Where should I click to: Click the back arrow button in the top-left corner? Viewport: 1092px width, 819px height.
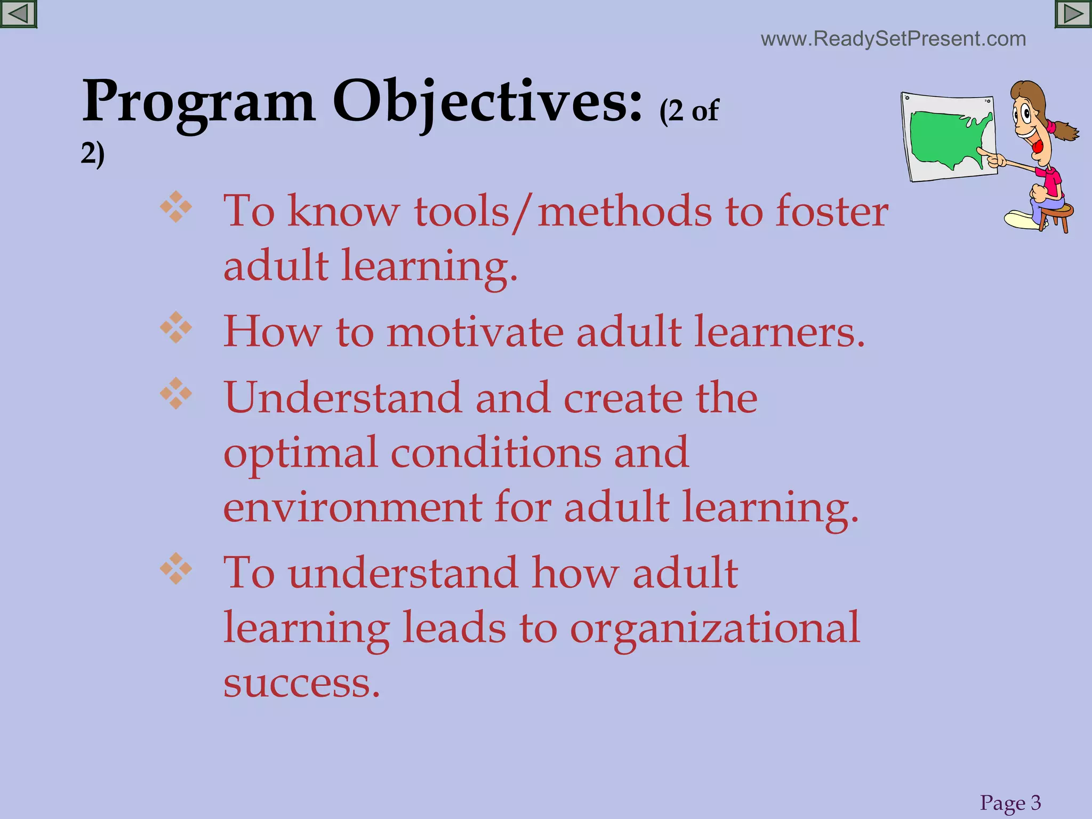pos(18,14)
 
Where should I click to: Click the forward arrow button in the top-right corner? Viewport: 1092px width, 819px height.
pos(1073,14)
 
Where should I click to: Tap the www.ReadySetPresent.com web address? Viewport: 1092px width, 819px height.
pos(893,39)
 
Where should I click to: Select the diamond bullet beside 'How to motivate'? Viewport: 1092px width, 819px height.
pos(176,327)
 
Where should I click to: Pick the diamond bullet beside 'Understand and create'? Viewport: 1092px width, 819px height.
pos(176,394)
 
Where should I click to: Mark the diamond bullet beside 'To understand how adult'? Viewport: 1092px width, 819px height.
pos(176,568)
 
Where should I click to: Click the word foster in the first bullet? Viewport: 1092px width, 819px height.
pos(832,211)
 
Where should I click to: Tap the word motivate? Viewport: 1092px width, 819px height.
pos(475,332)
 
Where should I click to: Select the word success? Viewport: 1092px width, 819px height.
pos(301,682)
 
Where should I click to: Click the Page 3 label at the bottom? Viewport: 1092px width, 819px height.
pos(1010,802)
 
